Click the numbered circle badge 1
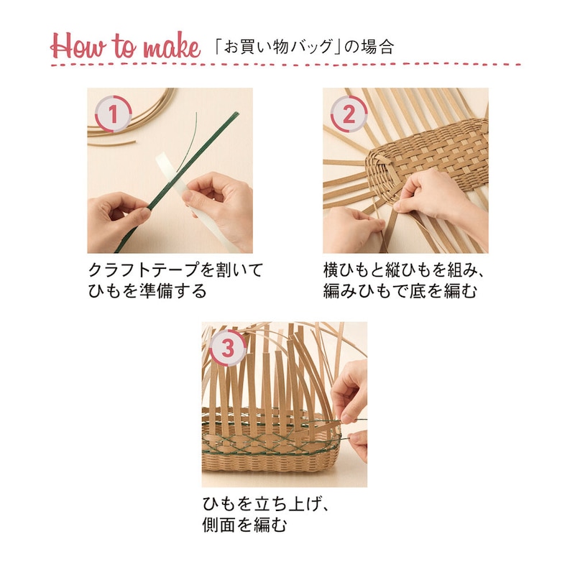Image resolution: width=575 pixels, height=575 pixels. (x=113, y=114)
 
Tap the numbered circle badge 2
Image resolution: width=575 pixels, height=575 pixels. (x=349, y=114)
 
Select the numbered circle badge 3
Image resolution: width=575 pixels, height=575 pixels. (x=228, y=348)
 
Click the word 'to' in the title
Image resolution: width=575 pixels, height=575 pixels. (x=124, y=46)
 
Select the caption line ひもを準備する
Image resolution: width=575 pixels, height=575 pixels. (x=147, y=291)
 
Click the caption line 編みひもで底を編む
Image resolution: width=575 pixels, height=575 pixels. (x=400, y=291)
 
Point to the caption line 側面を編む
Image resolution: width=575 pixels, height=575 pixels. (x=244, y=525)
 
